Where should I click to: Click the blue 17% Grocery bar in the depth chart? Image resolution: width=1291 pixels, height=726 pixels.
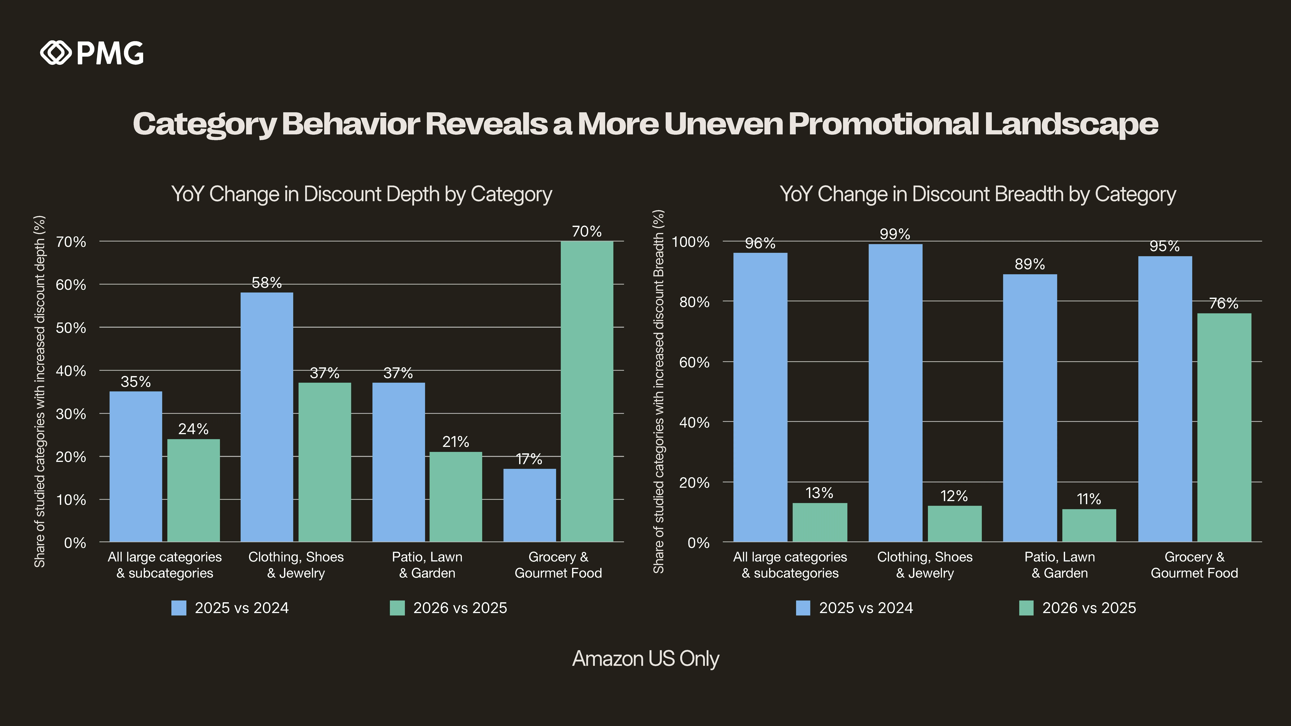pyautogui.click(x=529, y=505)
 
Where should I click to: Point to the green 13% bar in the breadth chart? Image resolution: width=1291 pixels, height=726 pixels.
pyautogui.click(x=819, y=522)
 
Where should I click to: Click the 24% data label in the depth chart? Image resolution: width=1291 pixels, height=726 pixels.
pyautogui.click(x=193, y=429)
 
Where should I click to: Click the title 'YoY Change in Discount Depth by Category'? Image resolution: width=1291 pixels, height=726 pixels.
pyautogui.click(x=361, y=194)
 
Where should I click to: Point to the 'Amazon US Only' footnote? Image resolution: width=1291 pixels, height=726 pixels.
pyautogui.click(x=645, y=658)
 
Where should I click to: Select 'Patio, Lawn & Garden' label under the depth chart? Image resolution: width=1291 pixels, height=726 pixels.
pyautogui.click(x=427, y=565)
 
